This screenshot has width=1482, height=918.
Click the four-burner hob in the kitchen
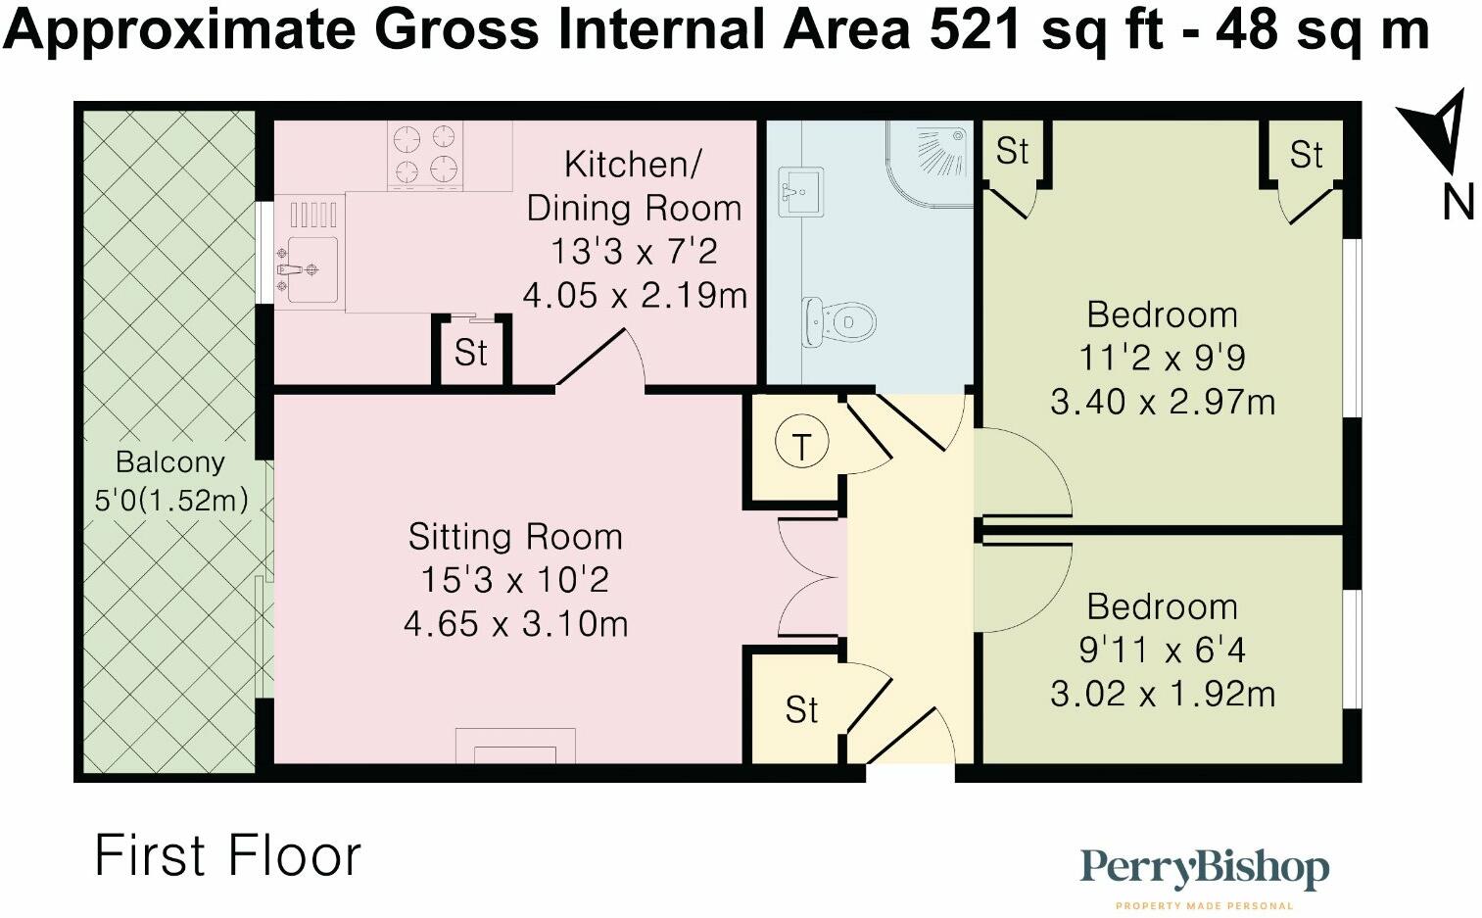pos(425,154)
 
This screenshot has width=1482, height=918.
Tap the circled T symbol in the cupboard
pos(802,446)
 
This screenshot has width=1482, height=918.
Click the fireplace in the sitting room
pos(515,747)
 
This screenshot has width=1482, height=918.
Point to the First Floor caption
pos(227,855)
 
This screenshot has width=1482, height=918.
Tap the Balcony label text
pos(169,462)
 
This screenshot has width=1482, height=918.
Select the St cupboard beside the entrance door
pos(801,710)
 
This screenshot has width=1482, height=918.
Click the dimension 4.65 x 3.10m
pos(515,623)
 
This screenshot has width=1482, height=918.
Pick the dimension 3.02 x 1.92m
pos(1162,695)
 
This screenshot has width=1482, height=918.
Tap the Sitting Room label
pos(515,537)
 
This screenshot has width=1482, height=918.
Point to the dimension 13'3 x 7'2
pos(634,252)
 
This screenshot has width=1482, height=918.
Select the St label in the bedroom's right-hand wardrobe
pos(1306,155)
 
